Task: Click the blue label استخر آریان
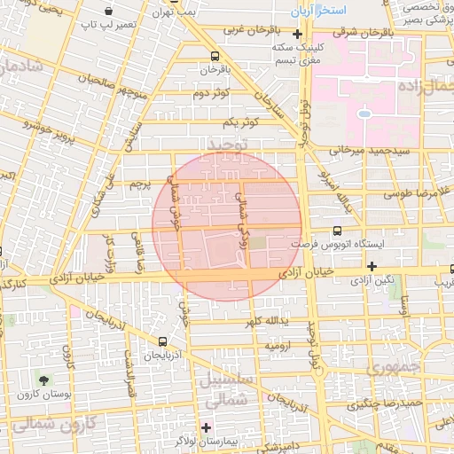pos(320,14)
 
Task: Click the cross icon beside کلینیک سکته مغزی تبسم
pos(298,35)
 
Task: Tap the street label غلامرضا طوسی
pos(417,192)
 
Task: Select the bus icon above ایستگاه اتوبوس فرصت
pos(335,231)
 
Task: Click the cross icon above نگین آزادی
pos(372,266)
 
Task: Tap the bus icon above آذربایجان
pos(162,341)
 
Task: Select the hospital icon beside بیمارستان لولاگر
pos(207,427)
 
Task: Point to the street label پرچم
pos(137,184)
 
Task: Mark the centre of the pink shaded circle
pos(227,226)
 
